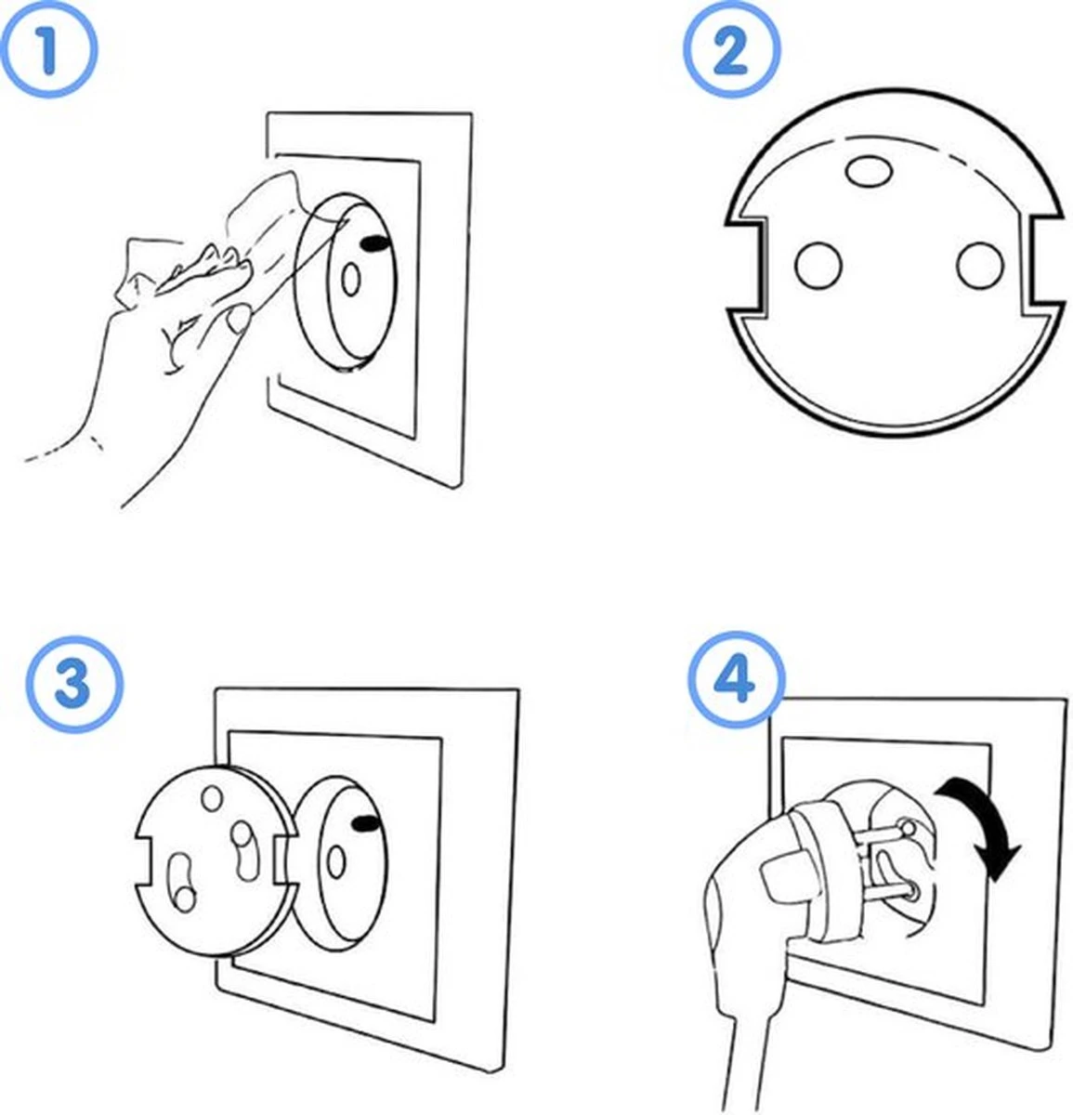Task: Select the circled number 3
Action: [x=73, y=685]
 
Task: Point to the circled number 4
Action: [x=737, y=683]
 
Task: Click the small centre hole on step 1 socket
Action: [x=351, y=280]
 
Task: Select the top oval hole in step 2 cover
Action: [x=870, y=170]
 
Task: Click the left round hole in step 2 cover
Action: [x=818, y=265]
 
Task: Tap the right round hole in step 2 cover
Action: [x=979, y=265]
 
